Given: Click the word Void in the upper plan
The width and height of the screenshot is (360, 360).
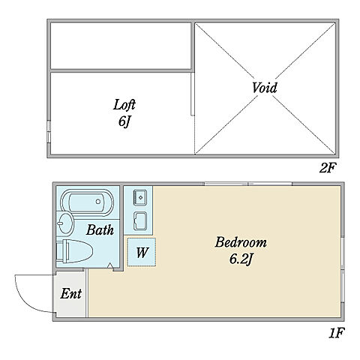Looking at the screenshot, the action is (x=264, y=88).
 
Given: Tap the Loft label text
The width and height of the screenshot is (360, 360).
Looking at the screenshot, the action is (x=124, y=105).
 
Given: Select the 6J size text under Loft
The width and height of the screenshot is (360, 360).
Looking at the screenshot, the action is (x=124, y=122).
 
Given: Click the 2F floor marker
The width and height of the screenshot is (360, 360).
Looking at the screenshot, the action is (x=328, y=168).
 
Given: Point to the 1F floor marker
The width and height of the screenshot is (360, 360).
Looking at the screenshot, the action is (x=337, y=333).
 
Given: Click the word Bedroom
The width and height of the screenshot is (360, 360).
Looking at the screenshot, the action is (x=241, y=242).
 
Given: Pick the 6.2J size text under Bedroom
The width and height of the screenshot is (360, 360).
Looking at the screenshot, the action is (x=241, y=259).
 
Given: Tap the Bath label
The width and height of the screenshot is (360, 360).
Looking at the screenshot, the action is (x=100, y=230).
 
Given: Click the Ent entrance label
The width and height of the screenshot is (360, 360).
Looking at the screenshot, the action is (x=71, y=293).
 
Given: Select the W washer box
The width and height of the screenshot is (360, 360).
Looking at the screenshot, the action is (x=142, y=252).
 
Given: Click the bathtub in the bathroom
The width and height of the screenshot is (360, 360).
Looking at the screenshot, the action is (x=88, y=202).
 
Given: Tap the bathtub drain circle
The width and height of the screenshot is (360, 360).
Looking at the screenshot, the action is (x=98, y=202).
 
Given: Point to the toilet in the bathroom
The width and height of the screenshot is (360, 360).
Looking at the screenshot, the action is (x=74, y=251).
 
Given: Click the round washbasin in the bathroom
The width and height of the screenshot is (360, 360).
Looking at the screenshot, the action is (x=64, y=223).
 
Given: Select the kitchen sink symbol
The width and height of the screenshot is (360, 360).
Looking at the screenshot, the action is (x=140, y=197).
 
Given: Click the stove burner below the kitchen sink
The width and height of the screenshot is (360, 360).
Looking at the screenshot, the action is (x=140, y=221).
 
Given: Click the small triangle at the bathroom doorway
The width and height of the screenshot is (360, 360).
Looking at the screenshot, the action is (x=109, y=265).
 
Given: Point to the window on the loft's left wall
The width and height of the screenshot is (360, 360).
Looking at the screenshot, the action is (x=49, y=131).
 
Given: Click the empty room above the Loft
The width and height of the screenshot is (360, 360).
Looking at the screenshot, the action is (x=121, y=45).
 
